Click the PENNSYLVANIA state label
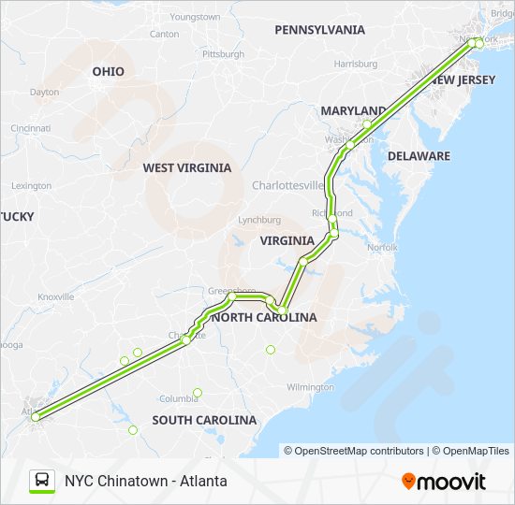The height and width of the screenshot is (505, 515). (x=319, y=30)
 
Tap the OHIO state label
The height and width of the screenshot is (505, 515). (x=108, y=71)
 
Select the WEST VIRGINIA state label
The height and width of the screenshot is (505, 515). (x=186, y=168)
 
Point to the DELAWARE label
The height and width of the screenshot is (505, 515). (x=419, y=156)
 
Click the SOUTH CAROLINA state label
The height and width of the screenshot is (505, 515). (x=204, y=420)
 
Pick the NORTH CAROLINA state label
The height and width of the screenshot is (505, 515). (x=265, y=318)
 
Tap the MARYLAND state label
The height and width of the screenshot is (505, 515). (x=353, y=110)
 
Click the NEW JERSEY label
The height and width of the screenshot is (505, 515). (x=456, y=81)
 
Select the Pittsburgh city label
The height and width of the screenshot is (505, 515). (x=222, y=54)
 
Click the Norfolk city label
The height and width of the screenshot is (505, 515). (x=381, y=248)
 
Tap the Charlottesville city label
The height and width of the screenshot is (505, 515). (x=287, y=185)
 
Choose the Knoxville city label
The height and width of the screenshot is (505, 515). (x=55, y=296)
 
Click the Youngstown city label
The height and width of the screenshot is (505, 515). (x=196, y=17)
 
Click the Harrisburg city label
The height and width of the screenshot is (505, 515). (x=355, y=65)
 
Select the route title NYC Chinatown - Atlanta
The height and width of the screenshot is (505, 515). (x=145, y=481)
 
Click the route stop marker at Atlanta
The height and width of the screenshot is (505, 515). (x=36, y=417)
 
